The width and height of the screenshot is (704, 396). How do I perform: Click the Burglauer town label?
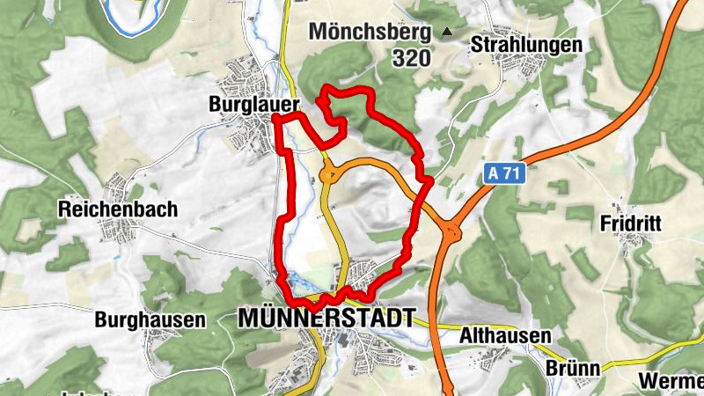pyautogui.click(x=253, y=104)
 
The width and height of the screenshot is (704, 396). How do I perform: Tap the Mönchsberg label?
pyautogui.click(x=369, y=33)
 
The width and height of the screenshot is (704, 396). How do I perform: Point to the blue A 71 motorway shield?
pyautogui.click(x=505, y=175)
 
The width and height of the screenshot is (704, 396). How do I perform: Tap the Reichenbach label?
pyautogui.click(x=118, y=209)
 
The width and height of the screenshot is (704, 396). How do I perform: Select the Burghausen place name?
pyautogui.click(x=150, y=319)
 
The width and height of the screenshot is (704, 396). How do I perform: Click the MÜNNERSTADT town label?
pyautogui.click(x=326, y=319)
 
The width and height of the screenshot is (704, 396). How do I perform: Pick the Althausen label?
pyautogui.click(x=505, y=336)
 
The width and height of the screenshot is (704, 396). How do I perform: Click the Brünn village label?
pyautogui.click(x=576, y=368)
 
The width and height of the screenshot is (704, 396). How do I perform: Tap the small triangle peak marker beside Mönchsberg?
pyautogui.click(x=447, y=33)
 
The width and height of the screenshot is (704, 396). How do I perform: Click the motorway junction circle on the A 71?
pyautogui.click(x=454, y=233)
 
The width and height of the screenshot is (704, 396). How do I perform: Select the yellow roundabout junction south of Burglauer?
pyautogui.click(x=330, y=175)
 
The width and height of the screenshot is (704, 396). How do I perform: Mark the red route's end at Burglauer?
pyautogui.click(x=275, y=116)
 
